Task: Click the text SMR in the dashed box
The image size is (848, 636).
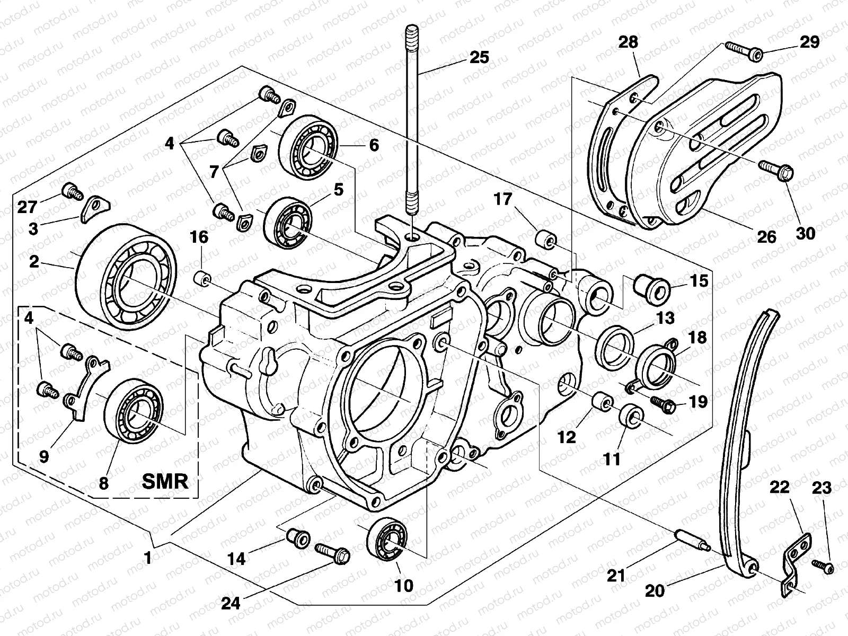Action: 165,481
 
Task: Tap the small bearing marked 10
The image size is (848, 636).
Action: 389,540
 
